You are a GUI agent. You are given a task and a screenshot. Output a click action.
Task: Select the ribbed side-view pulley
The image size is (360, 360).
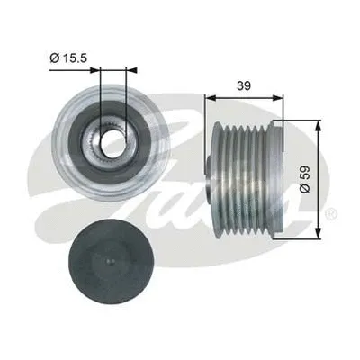(247, 181)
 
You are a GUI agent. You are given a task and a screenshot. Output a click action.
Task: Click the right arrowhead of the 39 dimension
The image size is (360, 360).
(279, 94)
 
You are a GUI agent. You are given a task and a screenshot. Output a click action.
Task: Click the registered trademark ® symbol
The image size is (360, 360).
(331, 214)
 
